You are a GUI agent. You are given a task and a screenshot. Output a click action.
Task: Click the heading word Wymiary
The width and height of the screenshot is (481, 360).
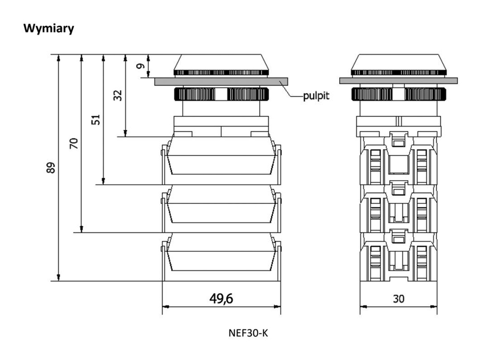click(x=49, y=29)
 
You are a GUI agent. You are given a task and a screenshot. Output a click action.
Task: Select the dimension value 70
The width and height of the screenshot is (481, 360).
click(x=74, y=144)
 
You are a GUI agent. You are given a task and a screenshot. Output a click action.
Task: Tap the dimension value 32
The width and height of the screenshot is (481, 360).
click(x=118, y=96)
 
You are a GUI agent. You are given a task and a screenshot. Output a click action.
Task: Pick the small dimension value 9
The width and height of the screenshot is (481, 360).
click(x=141, y=66)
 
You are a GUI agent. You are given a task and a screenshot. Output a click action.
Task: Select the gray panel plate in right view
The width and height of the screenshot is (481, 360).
click(x=398, y=81)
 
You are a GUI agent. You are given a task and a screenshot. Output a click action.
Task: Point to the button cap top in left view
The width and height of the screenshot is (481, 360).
click(x=221, y=61)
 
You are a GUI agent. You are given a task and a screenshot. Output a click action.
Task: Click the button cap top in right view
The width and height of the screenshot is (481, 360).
click(x=398, y=61)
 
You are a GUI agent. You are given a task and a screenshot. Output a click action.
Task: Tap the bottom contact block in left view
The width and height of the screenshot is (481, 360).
click(x=221, y=256)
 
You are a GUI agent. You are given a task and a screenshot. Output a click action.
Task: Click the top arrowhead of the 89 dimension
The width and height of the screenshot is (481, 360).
click(x=59, y=57)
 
